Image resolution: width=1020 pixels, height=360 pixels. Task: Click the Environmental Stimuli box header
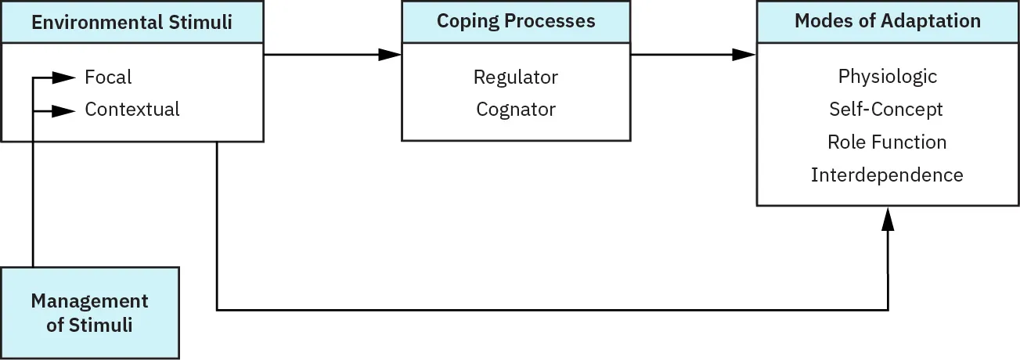[132, 22]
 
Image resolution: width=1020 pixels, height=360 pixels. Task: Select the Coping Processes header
[516, 21]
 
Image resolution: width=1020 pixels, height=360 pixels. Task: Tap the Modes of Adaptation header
[888, 21]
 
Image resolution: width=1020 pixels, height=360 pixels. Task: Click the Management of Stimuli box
[90, 312]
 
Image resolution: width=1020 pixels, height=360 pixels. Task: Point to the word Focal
[108, 77]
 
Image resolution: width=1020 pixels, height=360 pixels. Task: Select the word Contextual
[132, 110]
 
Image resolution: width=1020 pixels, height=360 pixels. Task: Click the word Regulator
[516, 77]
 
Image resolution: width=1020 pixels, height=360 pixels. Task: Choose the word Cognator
[516, 110]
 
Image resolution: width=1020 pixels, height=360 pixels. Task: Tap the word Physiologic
[887, 77]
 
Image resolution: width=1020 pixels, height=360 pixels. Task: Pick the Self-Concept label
[886, 110]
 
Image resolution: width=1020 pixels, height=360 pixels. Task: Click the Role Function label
[887, 142]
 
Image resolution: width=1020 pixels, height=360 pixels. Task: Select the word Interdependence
[887, 175]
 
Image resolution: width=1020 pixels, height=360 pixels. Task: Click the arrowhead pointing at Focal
[63, 77]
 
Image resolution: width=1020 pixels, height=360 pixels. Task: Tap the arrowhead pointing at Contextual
[63, 110]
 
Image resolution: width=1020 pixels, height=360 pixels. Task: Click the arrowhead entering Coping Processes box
[389, 55]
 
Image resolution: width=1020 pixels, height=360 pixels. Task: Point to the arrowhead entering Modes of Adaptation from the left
[744, 55]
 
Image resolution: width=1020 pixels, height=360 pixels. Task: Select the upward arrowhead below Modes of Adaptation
[888, 219]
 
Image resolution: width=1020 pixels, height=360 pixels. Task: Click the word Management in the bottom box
[89, 301]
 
